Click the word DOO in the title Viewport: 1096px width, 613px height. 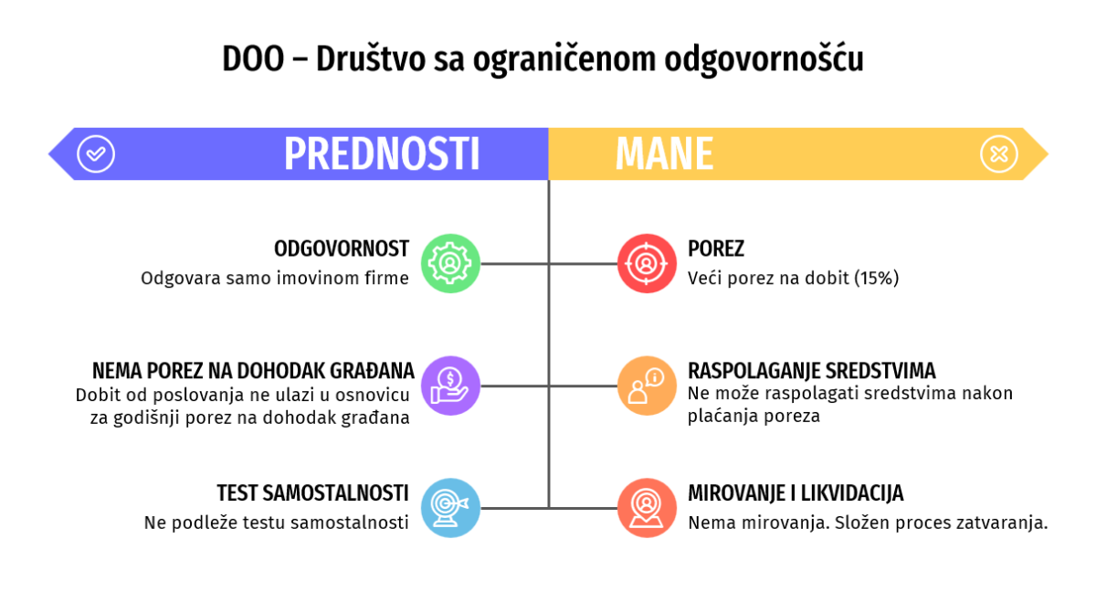click(x=253, y=59)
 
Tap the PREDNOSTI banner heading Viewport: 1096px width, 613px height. click(x=382, y=154)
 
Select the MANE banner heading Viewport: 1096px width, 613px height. click(x=665, y=154)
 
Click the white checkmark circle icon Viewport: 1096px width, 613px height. click(x=96, y=154)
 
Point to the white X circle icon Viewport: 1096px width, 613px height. click(x=999, y=154)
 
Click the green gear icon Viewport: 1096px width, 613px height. click(x=450, y=264)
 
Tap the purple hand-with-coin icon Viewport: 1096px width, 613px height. click(x=450, y=386)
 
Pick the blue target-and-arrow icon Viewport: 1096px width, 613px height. click(x=450, y=508)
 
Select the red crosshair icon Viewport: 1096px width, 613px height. click(x=647, y=264)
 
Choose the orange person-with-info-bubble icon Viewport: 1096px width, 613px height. click(x=647, y=386)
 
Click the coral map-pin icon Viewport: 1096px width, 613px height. click(x=647, y=508)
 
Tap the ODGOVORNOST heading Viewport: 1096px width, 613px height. click(x=342, y=249)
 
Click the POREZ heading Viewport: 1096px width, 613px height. click(x=716, y=249)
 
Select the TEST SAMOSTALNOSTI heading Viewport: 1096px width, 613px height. click(x=312, y=493)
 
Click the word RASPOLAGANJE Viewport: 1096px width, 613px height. click(x=751, y=371)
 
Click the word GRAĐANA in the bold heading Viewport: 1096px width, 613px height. click(x=372, y=371)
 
